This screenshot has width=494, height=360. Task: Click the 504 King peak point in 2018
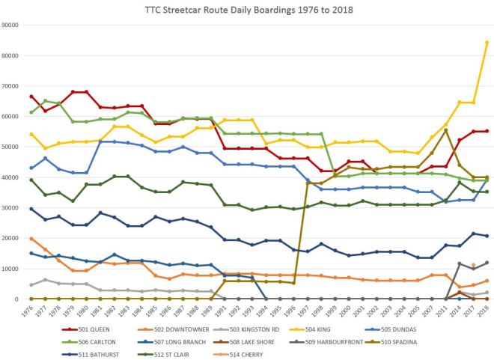487,43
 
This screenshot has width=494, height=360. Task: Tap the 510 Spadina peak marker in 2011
447,130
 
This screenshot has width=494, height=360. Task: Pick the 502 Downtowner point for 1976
31,239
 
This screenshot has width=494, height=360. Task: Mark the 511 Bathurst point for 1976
31,209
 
